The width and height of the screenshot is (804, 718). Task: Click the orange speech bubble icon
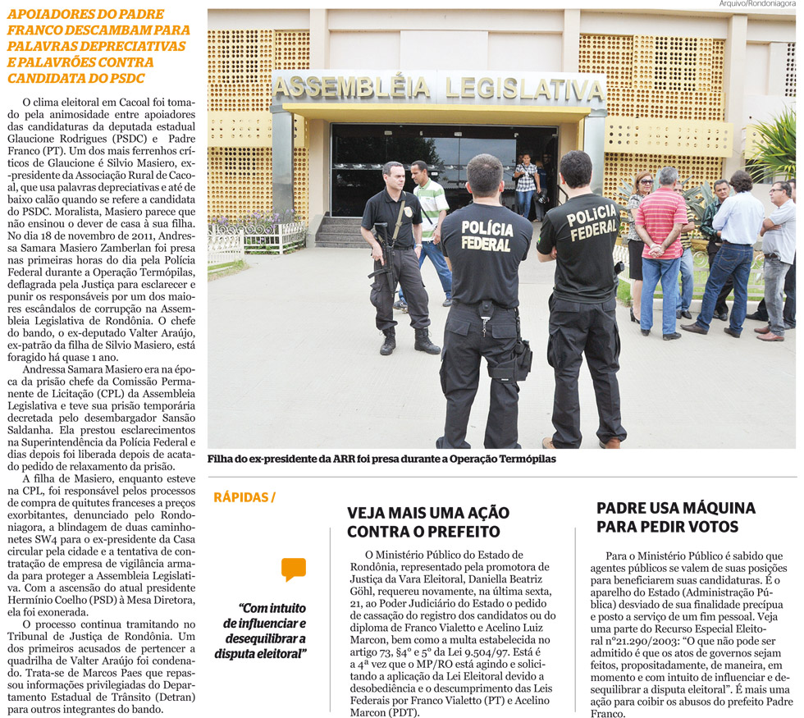293,569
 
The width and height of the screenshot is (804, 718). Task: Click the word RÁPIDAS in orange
240,496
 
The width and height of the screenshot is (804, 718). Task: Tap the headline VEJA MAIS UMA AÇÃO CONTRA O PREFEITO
427,522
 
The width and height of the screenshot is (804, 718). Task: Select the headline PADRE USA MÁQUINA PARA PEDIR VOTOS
675,517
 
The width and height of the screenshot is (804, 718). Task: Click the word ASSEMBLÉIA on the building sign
352,87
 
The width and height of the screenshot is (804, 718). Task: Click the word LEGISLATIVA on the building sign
522,88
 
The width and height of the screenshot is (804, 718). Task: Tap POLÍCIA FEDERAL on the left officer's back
487,235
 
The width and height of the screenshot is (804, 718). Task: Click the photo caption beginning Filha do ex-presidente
381,460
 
